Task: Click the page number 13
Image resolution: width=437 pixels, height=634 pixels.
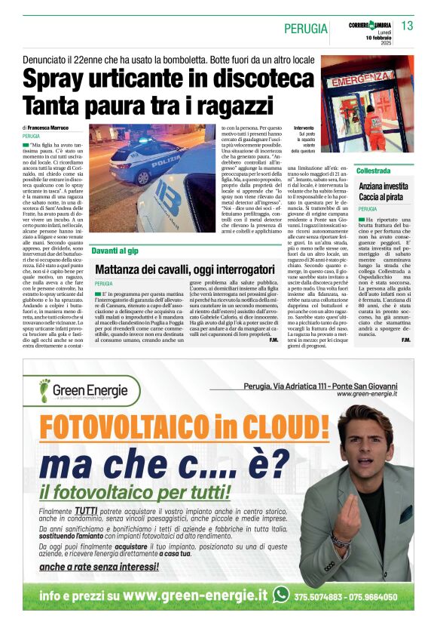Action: click(407, 26)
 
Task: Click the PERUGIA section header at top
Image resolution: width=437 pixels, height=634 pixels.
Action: click(306, 29)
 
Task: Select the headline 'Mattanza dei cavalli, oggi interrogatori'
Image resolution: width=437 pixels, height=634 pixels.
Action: click(185, 268)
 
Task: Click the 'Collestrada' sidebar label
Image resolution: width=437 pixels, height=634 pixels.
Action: click(374, 171)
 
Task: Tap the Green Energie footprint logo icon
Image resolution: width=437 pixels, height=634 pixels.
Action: click(44, 391)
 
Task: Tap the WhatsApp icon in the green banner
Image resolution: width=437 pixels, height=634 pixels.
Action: click(281, 595)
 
